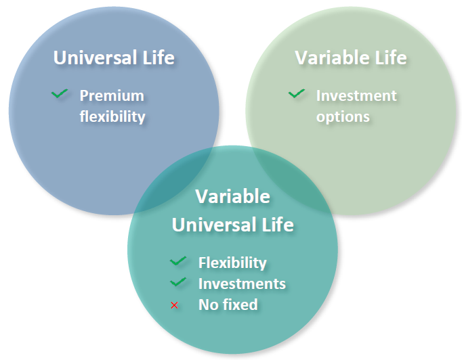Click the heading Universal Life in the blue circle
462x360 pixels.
pyautogui.click(x=114, y=58)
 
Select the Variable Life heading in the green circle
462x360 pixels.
pyautogui.click(x=351, y=58)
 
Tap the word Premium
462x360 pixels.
pyautogui.click(x=112, y=95)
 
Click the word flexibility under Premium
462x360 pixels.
pyautogui.click(x=112, y=116)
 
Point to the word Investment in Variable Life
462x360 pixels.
pyautogui.click(x=356, y=95)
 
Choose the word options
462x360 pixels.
pyautogui.click(x=343, y=116)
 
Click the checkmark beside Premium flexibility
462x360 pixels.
pyautogui.click(x=60, y=94)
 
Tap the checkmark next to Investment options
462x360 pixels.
pyautogui.click(x=296, y=94)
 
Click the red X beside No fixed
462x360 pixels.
pyautogui.click(x=175, y=305)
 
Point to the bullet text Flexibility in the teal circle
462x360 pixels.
pyautogui.click(x=232, y=263)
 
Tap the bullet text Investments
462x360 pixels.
pyautogui.click(x=242, y=284)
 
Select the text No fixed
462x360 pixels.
pyautogui.click(x=228, y=305)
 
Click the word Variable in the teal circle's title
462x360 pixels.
pyautogui.click(x=232, y=197)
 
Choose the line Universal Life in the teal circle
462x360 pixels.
pyautogui.click(x=232, y=224)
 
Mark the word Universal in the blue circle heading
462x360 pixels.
pyautogui.click(x=94, y=58)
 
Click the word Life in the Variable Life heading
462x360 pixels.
pyautogui.click(x=389, y=58)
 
